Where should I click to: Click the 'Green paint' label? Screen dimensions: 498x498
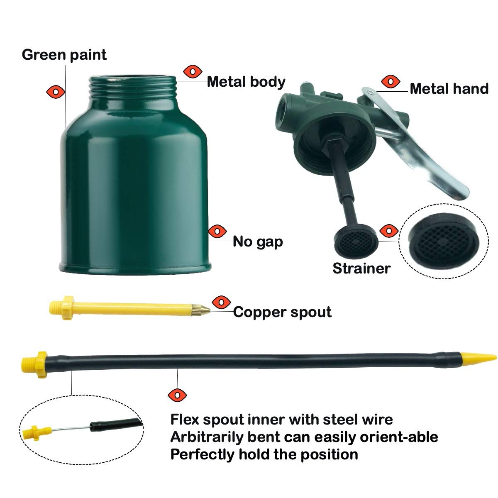[x=64, y=55]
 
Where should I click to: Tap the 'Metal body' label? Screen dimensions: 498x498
[x=246, y=82]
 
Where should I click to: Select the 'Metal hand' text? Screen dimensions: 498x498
[x=449, y=89]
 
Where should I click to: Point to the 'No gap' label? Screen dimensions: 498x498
[x=258, y=241]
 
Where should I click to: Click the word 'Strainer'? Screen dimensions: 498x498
[x=361, y=268]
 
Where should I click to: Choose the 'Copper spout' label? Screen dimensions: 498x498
[x=282, y=312]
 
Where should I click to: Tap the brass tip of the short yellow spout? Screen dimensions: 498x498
[x=200, y=310]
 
